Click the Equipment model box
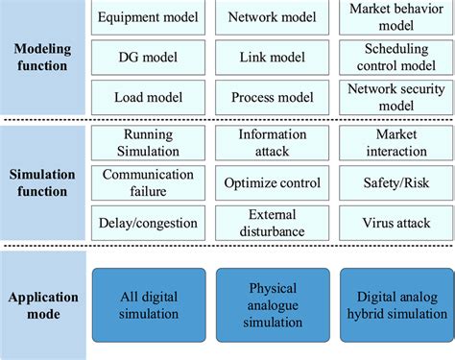(149, 16)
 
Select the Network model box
(273, 16)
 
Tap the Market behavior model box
(395, 16)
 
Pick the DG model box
(149, 58)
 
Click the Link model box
(273, 58)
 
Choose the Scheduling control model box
(395, 58)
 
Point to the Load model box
(149, 97)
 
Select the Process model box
(273, 97)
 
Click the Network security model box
(395, 97)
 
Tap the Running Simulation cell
(149, 143)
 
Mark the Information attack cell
(273, 143)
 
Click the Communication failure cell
(149, 182)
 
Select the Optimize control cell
(273, 182)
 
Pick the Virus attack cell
(395, 223)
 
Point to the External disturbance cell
(273, 223)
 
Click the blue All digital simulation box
(149, 304)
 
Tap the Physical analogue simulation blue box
(273, 304)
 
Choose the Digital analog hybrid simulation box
(395, 304)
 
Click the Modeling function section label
(43, 58)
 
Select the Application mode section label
(43, 304)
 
